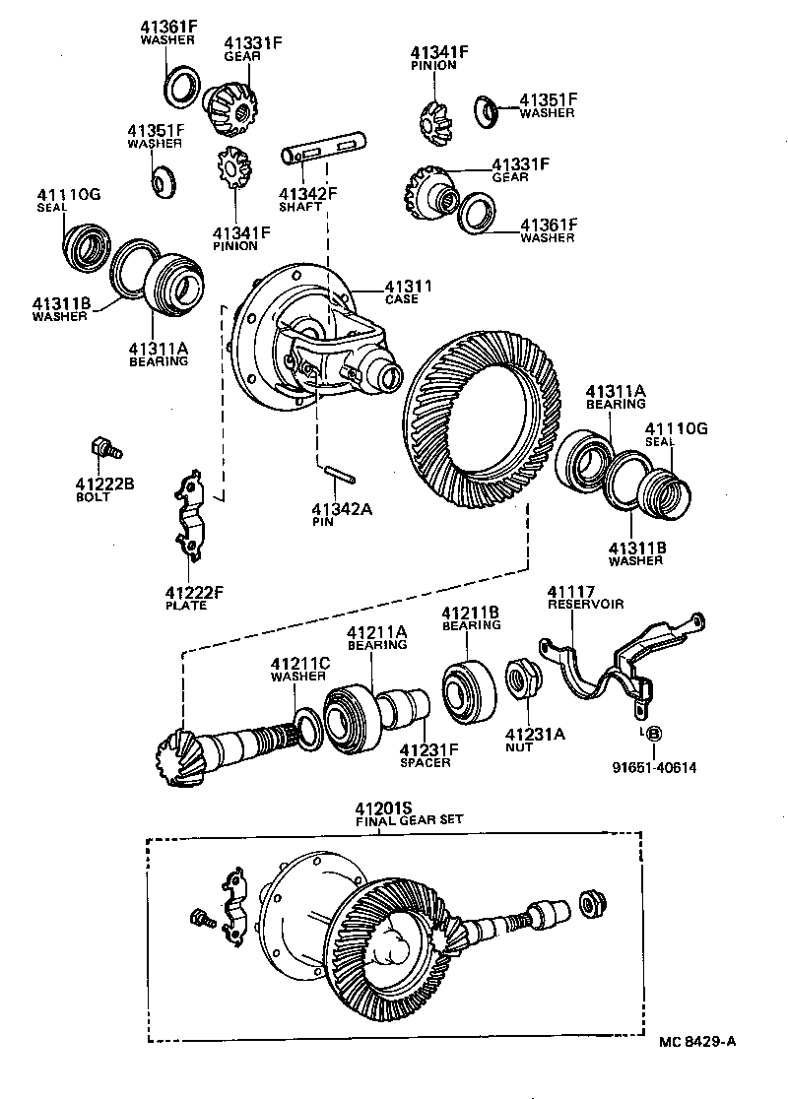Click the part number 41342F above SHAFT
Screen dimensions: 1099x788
click(307, 193)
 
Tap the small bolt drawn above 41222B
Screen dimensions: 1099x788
click(103, 447)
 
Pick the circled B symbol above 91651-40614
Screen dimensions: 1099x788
click(654, 733)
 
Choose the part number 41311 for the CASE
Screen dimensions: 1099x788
click(401, 287)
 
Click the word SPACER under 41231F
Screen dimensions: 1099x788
click(425, 762)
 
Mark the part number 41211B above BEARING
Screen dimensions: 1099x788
click(471, 612)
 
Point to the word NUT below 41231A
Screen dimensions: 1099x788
click(518, 746)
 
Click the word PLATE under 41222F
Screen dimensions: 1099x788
click(187, 605)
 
